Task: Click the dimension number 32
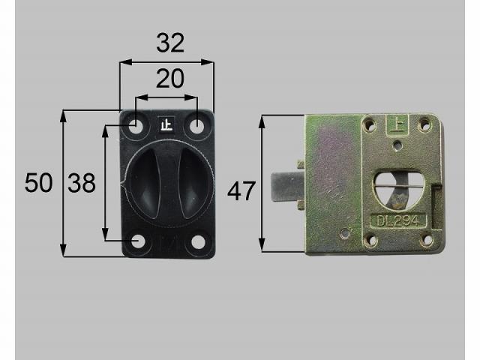(170, 43)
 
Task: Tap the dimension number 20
(170, 79)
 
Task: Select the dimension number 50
(38, 183)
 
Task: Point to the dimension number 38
(82, 183)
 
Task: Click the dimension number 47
(241, 191)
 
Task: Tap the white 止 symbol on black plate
(166, 124)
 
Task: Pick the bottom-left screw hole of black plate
(138, 241)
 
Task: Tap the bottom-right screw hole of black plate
(198, 241)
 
